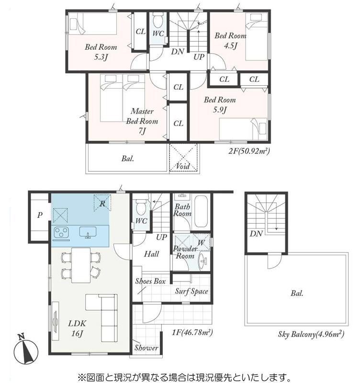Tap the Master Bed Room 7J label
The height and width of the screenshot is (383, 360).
[142, 121]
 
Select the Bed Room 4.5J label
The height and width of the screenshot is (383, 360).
[230, 41]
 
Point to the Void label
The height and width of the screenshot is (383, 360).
[183, 166]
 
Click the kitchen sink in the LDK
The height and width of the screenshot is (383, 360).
[88, 232]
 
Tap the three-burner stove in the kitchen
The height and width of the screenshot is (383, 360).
[61, 232]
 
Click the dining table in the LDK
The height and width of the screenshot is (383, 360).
[81, 265]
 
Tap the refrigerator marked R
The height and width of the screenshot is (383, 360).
[102, 203]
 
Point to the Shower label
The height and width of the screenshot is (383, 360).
[146, 348]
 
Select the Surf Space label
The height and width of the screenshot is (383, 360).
[191, 291]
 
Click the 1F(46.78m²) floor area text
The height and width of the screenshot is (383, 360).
[192, 332]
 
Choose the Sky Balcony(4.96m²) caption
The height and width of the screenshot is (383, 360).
[311, 334]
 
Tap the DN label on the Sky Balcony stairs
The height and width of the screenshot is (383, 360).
[256, 234]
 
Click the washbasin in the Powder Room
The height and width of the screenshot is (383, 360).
[203, 261]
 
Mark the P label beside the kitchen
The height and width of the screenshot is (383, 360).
[40, 215]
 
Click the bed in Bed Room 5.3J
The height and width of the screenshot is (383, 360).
[92, 23]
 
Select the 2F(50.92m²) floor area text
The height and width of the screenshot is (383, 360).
[249, 151]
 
